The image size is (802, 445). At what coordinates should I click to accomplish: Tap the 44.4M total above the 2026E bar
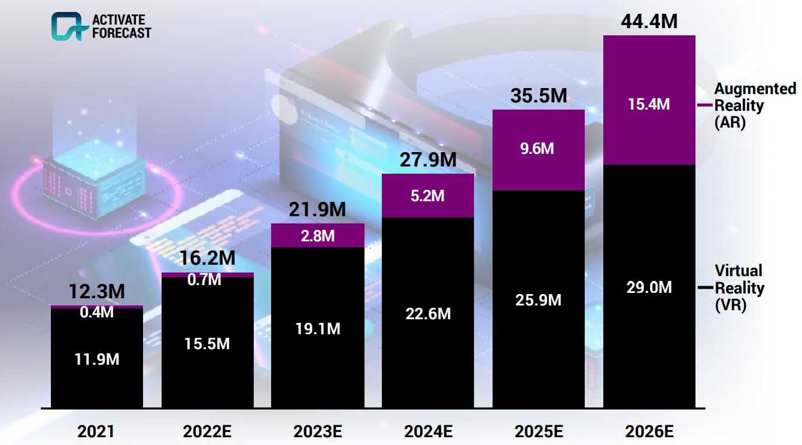(649, 22)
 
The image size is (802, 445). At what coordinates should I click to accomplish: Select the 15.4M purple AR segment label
(649, 104)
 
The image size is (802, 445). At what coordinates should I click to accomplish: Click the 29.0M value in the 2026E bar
(649, 287)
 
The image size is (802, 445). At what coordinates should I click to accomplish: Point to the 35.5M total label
(538, 96)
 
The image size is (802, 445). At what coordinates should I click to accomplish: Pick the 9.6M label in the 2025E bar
(538, 149)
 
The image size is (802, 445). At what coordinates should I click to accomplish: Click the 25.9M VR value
(538, 299)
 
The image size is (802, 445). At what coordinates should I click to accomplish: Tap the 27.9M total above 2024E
(427, 160)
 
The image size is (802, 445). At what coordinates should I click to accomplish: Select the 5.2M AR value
(427, 195)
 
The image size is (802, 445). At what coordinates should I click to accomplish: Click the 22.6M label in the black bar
(427, 313)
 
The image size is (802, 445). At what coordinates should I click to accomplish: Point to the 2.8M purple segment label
(317, 235)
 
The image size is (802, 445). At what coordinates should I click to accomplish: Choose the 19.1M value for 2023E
(317, 328)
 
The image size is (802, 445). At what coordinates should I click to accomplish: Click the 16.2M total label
(207, 259)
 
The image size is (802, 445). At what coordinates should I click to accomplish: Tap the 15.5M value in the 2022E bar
(207, 344)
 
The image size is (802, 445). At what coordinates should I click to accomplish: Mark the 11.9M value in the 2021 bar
(96, 359)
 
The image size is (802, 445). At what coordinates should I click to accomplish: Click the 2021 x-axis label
(96, 431)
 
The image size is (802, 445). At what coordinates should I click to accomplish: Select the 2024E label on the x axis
(427, 431)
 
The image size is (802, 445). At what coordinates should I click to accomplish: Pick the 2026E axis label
(649, 431)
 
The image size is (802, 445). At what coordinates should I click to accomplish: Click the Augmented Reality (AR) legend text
(755, 106)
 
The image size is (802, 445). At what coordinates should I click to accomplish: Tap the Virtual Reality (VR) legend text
(739, 288)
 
